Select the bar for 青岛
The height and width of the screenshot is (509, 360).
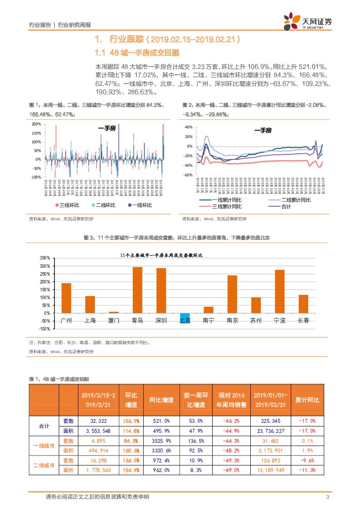click(x=138, y=290)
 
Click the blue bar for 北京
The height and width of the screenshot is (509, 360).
click(x=185, y=318)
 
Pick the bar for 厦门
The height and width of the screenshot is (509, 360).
click(x=114, y=312)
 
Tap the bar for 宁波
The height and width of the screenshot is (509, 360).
click(x=279, y=291)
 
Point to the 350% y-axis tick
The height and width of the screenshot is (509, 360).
click(x=45, y=258)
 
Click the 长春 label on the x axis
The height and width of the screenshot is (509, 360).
click(x=303, y=321)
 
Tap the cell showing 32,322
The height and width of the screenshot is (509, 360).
click(x=99, y=421)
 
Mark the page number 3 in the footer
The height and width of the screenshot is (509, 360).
click(x=327, y=497)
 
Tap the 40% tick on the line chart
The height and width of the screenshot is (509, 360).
click(x=188, y=127)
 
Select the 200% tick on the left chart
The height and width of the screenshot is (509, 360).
click(x=36, y=124)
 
